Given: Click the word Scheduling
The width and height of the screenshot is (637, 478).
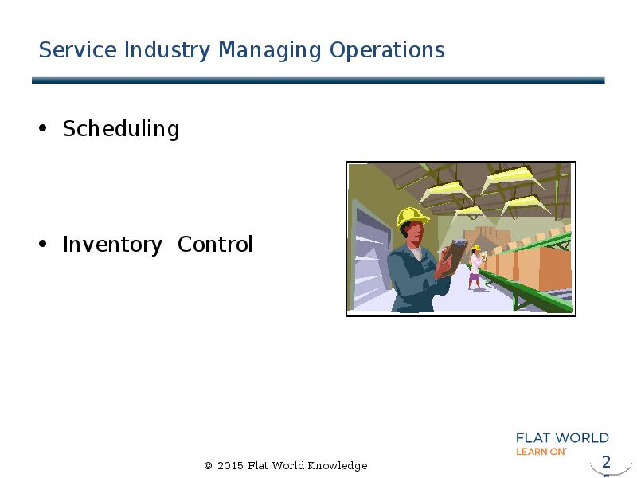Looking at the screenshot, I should (120, 129).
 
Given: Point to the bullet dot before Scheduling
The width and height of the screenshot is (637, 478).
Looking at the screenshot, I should (44, 128).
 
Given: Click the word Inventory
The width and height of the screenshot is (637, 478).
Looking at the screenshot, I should (112, 245).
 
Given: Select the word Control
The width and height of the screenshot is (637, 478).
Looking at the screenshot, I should (214, 245).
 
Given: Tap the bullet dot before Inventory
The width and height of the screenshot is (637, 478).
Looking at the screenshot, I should (44, 244).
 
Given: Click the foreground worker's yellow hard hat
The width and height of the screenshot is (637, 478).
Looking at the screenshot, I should (412, 217).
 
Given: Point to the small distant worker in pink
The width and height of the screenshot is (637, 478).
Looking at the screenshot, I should (475, 268).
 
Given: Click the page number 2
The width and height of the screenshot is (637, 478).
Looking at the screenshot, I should (606, 462).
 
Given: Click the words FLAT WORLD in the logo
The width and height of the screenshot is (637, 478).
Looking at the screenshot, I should (562, 438).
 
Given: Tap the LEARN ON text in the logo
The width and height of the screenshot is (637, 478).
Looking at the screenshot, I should (541, 451).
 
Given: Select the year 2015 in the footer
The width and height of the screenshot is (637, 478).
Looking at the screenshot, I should (230, 466).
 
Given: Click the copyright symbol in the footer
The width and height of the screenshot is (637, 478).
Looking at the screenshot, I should (209, 466).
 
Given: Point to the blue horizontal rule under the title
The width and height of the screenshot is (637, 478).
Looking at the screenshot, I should (318, 80).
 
